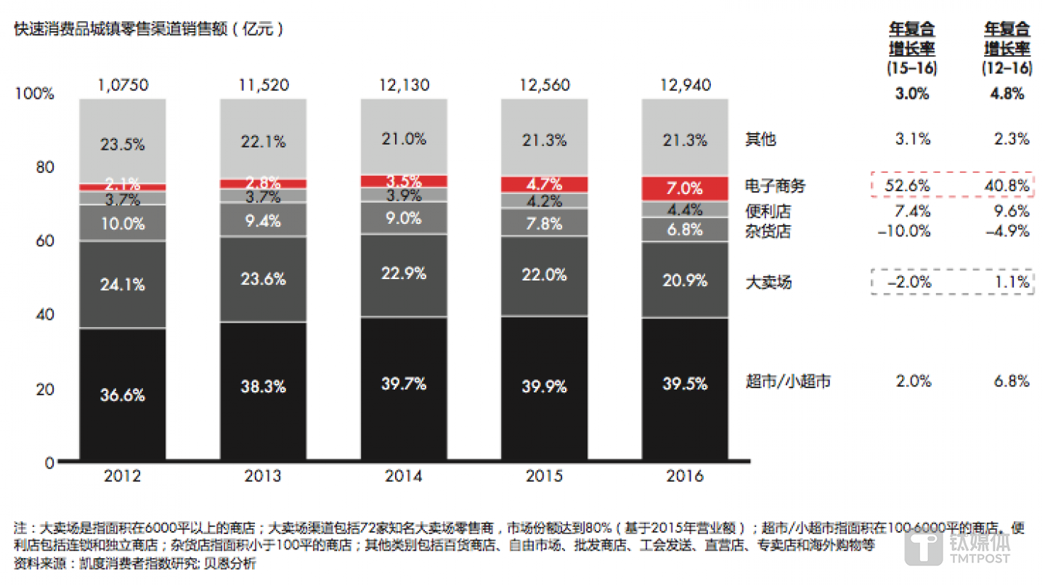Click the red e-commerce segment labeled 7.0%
pos(684,188)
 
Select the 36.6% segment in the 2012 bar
pos(123,395)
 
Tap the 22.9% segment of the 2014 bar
pos(403,274)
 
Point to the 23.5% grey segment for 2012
pos(123,144)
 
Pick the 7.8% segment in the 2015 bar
pos(544,223)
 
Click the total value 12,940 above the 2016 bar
pos(684,85)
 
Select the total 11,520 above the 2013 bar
pos(263,85)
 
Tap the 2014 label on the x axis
pos(403,477)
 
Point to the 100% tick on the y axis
pos(34,94)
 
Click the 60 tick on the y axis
pos(44,241)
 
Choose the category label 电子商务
pos(776,186)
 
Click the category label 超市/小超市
pos(788,381)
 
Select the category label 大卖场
pos(768,282)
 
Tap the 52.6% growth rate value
pos(908,186)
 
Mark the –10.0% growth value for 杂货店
pos(906,232)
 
